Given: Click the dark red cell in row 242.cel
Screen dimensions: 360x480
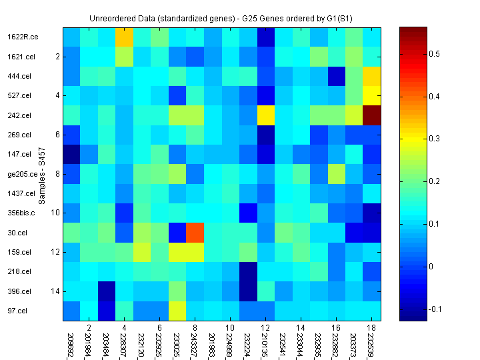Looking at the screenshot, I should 372,115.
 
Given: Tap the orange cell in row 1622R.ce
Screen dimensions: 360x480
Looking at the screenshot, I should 124,37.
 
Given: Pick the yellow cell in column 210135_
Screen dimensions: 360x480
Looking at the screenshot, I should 266,115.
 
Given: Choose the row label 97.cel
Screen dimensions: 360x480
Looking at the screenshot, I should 17,311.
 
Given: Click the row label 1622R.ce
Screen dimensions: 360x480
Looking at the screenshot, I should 23,37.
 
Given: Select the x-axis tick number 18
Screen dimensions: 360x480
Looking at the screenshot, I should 372,328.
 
